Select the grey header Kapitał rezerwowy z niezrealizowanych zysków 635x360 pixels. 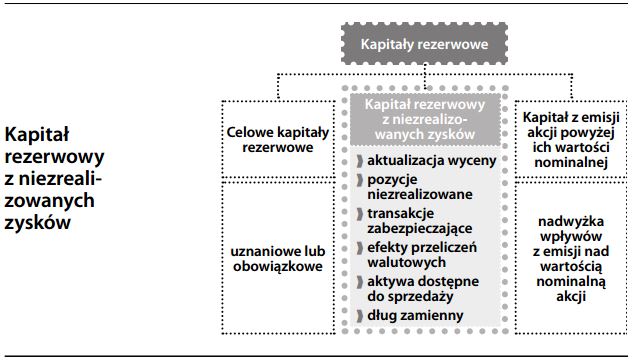point(425,120)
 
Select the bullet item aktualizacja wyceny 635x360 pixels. point(418,161)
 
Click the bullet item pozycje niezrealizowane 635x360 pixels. point(410,187)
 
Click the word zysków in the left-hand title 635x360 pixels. point(38,223)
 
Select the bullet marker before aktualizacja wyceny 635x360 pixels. point(358,161)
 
